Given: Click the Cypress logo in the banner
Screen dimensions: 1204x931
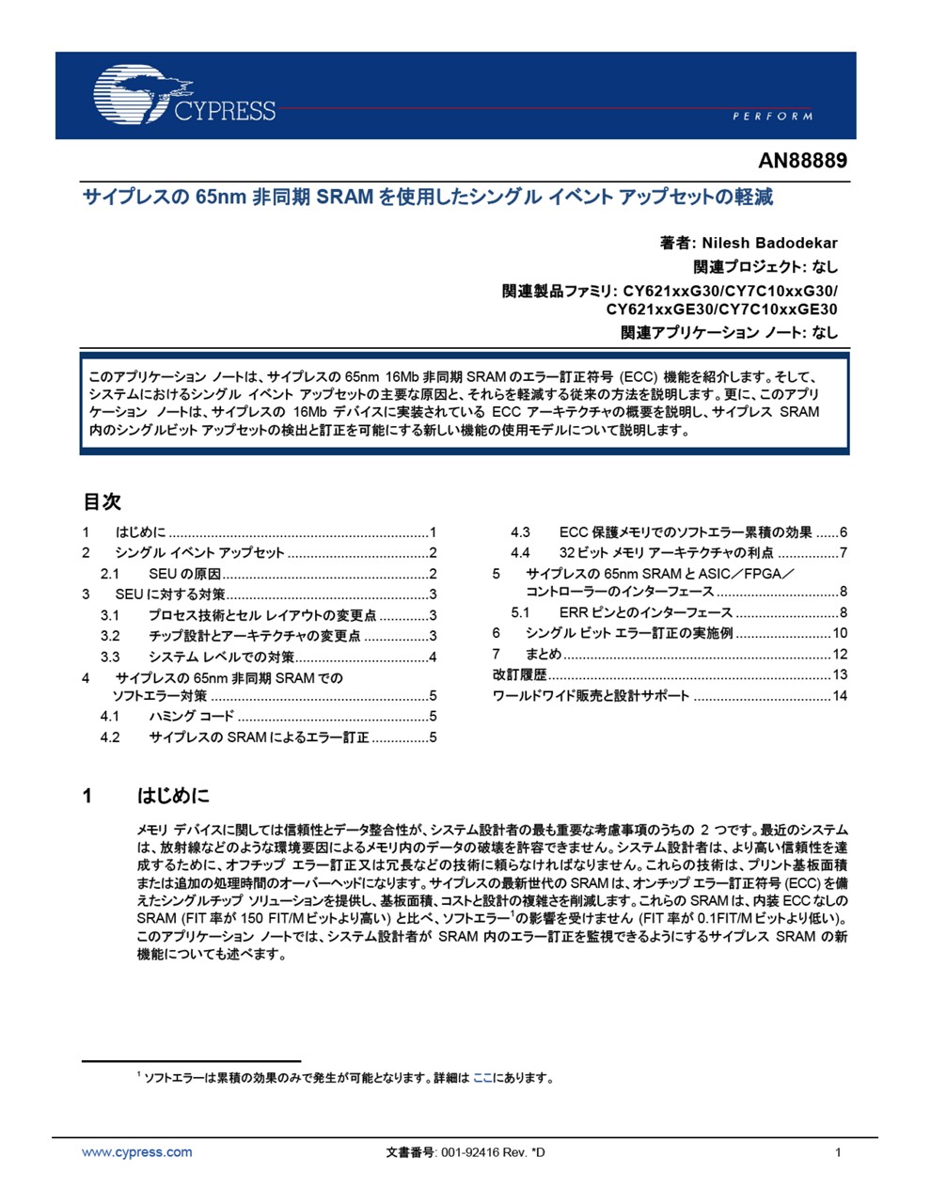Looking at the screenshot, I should [x=183, y=95].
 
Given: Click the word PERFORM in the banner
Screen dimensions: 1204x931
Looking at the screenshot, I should [x=772, y=116].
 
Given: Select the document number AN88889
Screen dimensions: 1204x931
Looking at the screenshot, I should [x=802, y=160].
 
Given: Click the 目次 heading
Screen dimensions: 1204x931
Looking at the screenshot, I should [x=103, y=501].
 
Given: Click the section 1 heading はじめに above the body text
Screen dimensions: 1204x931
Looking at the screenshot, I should [x=174, y=796].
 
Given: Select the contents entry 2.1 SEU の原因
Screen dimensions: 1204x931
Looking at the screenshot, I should [x=184, y=574].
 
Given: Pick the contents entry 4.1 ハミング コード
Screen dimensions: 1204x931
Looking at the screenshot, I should [x=191, y=717].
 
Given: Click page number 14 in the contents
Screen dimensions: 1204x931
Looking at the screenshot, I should [x=840, y=696].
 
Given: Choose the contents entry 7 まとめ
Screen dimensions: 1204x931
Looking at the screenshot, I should [x=543, y=654].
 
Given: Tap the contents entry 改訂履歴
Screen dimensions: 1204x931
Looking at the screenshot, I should [x=519, y=674].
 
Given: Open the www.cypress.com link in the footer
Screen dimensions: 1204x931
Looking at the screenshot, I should [x=137, y=1152].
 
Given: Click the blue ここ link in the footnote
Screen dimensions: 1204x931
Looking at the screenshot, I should [x=482, y=1078].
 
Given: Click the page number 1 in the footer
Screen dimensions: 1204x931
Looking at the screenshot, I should [x=838, y=1152].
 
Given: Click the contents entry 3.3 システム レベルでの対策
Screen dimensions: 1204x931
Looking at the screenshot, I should [x=221, y=657].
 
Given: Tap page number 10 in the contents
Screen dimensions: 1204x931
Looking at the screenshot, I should [x=840, y=633].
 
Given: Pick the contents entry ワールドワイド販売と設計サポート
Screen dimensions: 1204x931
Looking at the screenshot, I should [x=591, y=696].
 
